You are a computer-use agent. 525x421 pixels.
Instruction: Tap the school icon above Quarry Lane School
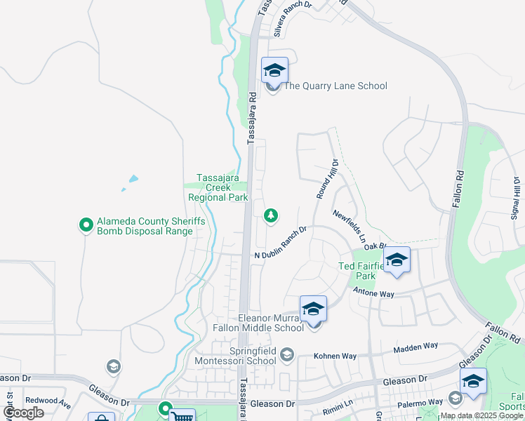[x=274, y=70]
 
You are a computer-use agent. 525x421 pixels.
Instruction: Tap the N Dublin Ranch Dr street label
[x=281, y=242]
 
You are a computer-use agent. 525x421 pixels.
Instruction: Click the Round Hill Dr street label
[x=327, y=178]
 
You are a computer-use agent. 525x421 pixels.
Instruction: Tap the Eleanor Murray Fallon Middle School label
[x=259, y=322]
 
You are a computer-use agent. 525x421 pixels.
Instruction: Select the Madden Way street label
[x=416, y=346]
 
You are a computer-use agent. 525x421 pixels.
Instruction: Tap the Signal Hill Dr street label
[x=516, y=199]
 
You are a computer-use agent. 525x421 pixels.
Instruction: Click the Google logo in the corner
[x=23, y=413]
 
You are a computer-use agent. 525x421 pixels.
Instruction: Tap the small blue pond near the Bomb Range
[x=132, y=180]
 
